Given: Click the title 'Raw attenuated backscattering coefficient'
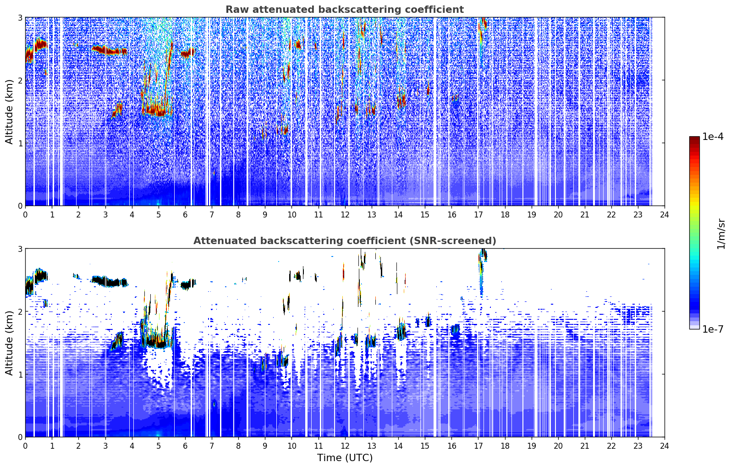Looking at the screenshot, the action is tap(345, 10).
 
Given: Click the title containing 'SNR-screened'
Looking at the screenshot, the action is tap(345, 240).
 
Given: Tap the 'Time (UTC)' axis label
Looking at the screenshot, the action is tap(345, 458).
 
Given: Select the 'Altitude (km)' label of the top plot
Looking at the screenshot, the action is tap(9, 112).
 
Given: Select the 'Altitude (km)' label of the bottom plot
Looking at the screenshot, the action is tap(9, 343).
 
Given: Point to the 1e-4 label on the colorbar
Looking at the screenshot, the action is tap(713, 136).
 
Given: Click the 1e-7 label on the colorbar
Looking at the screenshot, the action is tap(713, 329).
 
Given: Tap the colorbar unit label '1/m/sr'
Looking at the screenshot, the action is tap(720, 234).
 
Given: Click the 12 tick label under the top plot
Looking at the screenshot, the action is tap(345, 215).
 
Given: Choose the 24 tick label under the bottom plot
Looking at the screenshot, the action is tap(665, 446).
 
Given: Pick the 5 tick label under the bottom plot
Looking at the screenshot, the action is tap(159, 446).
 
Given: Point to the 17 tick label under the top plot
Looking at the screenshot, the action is tap(478, 215).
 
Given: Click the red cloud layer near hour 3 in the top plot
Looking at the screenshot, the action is tap(109, 50).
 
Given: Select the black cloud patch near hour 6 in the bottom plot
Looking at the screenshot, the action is tap(188, 284).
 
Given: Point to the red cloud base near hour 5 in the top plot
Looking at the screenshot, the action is tap(157, 111).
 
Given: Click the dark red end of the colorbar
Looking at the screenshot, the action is tap(694, 138).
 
